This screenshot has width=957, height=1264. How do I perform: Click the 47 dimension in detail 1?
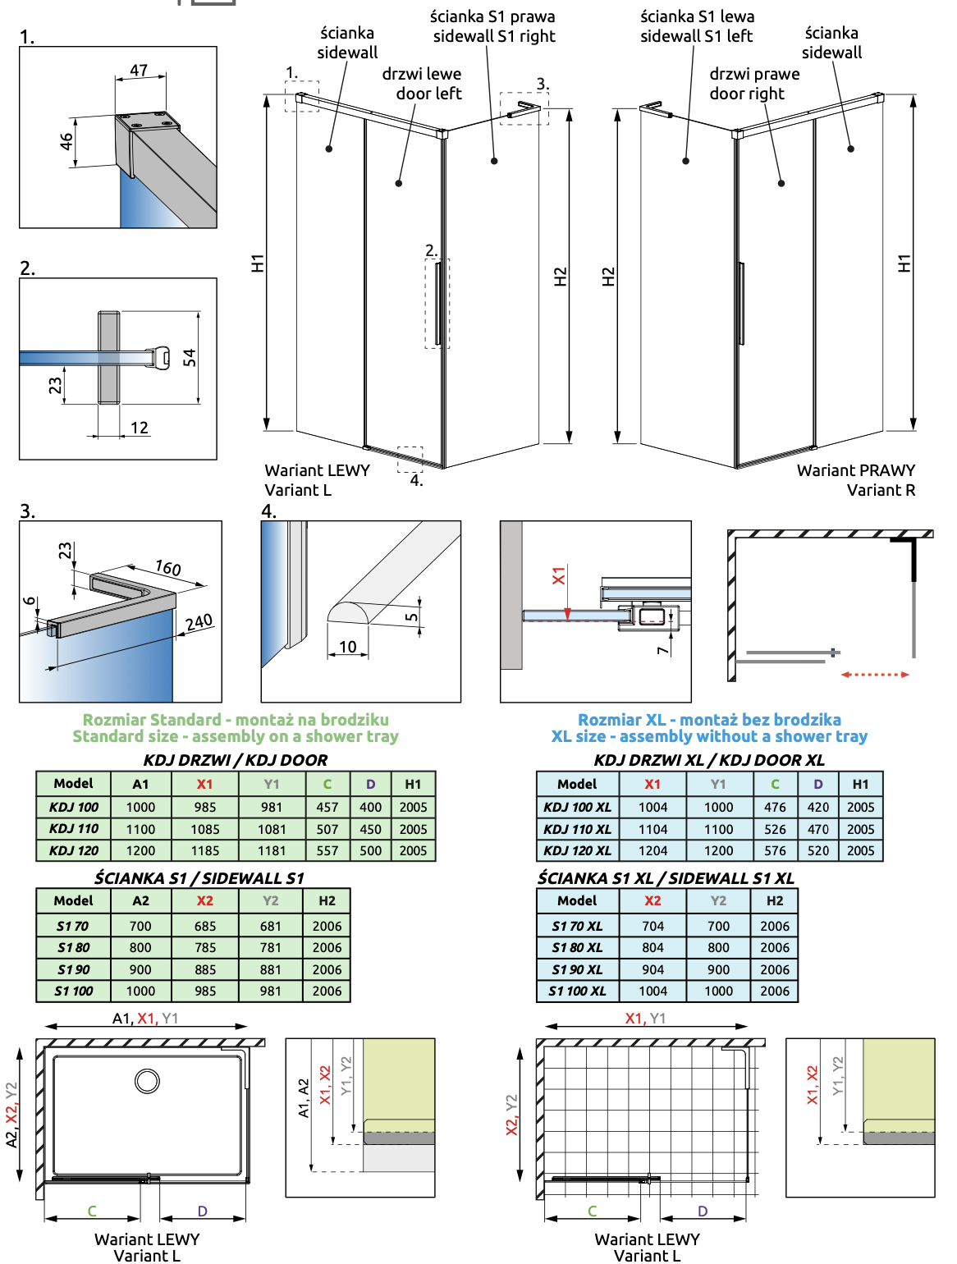coord(138,71)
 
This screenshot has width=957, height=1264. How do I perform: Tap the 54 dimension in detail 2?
coord(190,358)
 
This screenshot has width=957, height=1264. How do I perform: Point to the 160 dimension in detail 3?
coord(168,568)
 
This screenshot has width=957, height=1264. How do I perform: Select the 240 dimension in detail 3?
coord(199,622)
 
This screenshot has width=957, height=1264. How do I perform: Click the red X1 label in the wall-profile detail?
coord(559,575)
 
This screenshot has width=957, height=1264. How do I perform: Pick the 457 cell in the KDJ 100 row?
coord(327,807)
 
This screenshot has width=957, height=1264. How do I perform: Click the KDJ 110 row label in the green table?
coord(74,828)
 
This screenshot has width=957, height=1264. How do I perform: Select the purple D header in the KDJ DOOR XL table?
coord(817,784)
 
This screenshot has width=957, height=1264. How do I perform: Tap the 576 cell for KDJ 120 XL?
coord(775,850)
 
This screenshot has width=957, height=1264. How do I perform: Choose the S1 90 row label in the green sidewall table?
coord(74,969)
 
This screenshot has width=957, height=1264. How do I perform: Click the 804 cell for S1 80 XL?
coord(652,947)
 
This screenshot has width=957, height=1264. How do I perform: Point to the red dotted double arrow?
coord(875,675)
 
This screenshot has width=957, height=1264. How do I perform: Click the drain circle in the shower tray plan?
coord(148,1081)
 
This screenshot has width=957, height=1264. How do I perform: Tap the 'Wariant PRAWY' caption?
coord(856,470)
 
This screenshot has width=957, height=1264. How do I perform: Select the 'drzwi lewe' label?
coord(422,75)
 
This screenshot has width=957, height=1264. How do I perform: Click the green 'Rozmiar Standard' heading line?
coord(236,719)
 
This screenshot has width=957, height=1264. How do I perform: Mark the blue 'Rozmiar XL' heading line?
coord(709,719)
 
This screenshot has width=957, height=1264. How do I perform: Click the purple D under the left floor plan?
coord(202,1211)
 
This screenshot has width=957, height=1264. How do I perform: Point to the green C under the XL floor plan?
coord(592,1211)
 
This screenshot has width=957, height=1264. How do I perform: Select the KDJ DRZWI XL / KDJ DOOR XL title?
coord(709,760)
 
